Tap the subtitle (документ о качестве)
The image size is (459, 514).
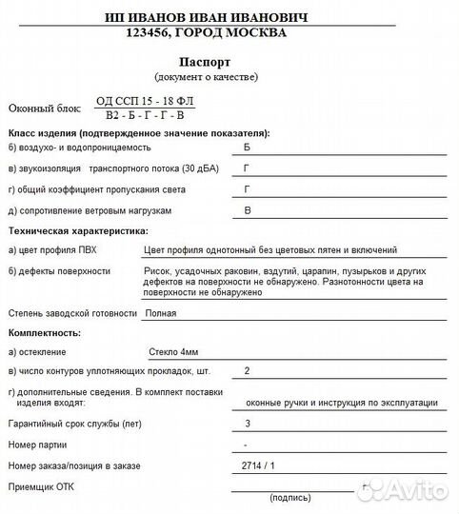click(206, 76)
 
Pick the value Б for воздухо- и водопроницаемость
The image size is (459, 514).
click(249, 148)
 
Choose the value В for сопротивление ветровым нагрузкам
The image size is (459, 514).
click(249, 209)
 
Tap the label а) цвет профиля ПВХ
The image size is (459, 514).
click(51, 250)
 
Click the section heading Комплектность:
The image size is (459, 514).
click(44, 333)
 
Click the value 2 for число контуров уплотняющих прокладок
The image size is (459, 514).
click(248, 370)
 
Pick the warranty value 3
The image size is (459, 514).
click(248, 423)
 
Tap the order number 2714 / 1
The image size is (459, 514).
click(258, 465)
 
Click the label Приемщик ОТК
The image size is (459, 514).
click(40, 486)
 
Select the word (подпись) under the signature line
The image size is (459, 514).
click(289, 498)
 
